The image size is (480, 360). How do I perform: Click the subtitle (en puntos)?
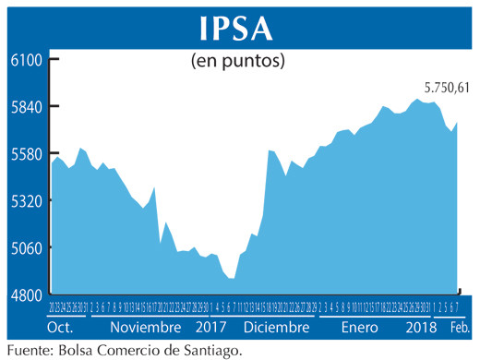tap(237, 62)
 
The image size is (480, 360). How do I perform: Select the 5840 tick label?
tap(25, 106)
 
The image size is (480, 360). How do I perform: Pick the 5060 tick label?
tap(25, 247)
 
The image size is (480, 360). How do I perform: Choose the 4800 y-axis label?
tap(25, 294)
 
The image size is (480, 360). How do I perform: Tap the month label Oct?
tap(60, 328)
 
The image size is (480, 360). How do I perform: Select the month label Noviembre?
tap(145, 328)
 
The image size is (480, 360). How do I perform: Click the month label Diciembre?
tap(277, 328)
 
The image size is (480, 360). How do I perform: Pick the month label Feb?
tap(459, 328)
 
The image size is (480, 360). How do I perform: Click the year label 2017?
tap(212, 328)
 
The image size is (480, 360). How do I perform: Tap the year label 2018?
tap(421, 328)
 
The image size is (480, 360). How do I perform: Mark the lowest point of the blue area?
tap(233, 279)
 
